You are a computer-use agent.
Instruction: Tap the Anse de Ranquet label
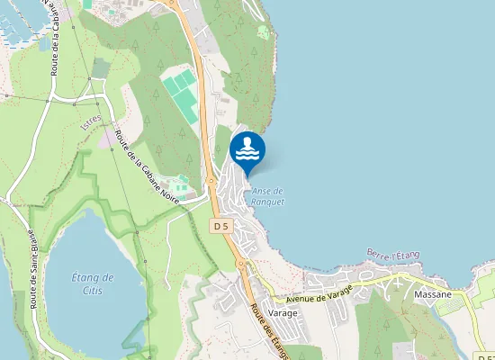[x=267, y=196]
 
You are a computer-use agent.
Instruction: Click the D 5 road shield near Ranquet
[x=221, y=225]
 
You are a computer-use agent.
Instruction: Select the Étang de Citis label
[x=93, y=283]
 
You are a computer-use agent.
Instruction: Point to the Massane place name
[x=433, y=294]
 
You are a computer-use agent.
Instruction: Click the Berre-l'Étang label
[x=393, y=255]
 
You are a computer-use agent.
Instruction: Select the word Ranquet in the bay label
[x=267, y=202]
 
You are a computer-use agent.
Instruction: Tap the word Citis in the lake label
[x=93, y=290]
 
